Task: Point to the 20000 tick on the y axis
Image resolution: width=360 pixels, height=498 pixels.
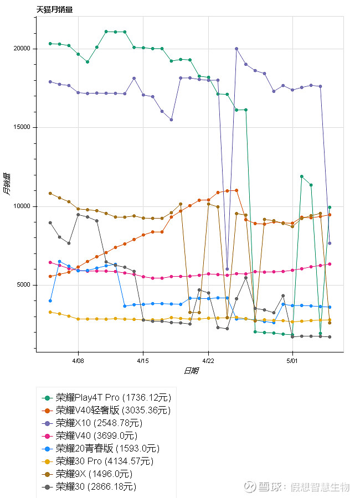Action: coord(23,49)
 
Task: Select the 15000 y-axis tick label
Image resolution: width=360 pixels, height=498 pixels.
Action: coord(23,127)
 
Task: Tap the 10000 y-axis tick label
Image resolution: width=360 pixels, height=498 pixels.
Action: coord(23,206)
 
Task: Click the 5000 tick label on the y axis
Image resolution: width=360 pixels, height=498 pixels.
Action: coord(24,285)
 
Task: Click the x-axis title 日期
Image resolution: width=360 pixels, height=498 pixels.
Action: coord(191,370)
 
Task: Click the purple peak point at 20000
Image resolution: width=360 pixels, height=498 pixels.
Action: coord(236,49)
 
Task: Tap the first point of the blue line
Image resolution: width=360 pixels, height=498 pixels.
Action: coord(50,300)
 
